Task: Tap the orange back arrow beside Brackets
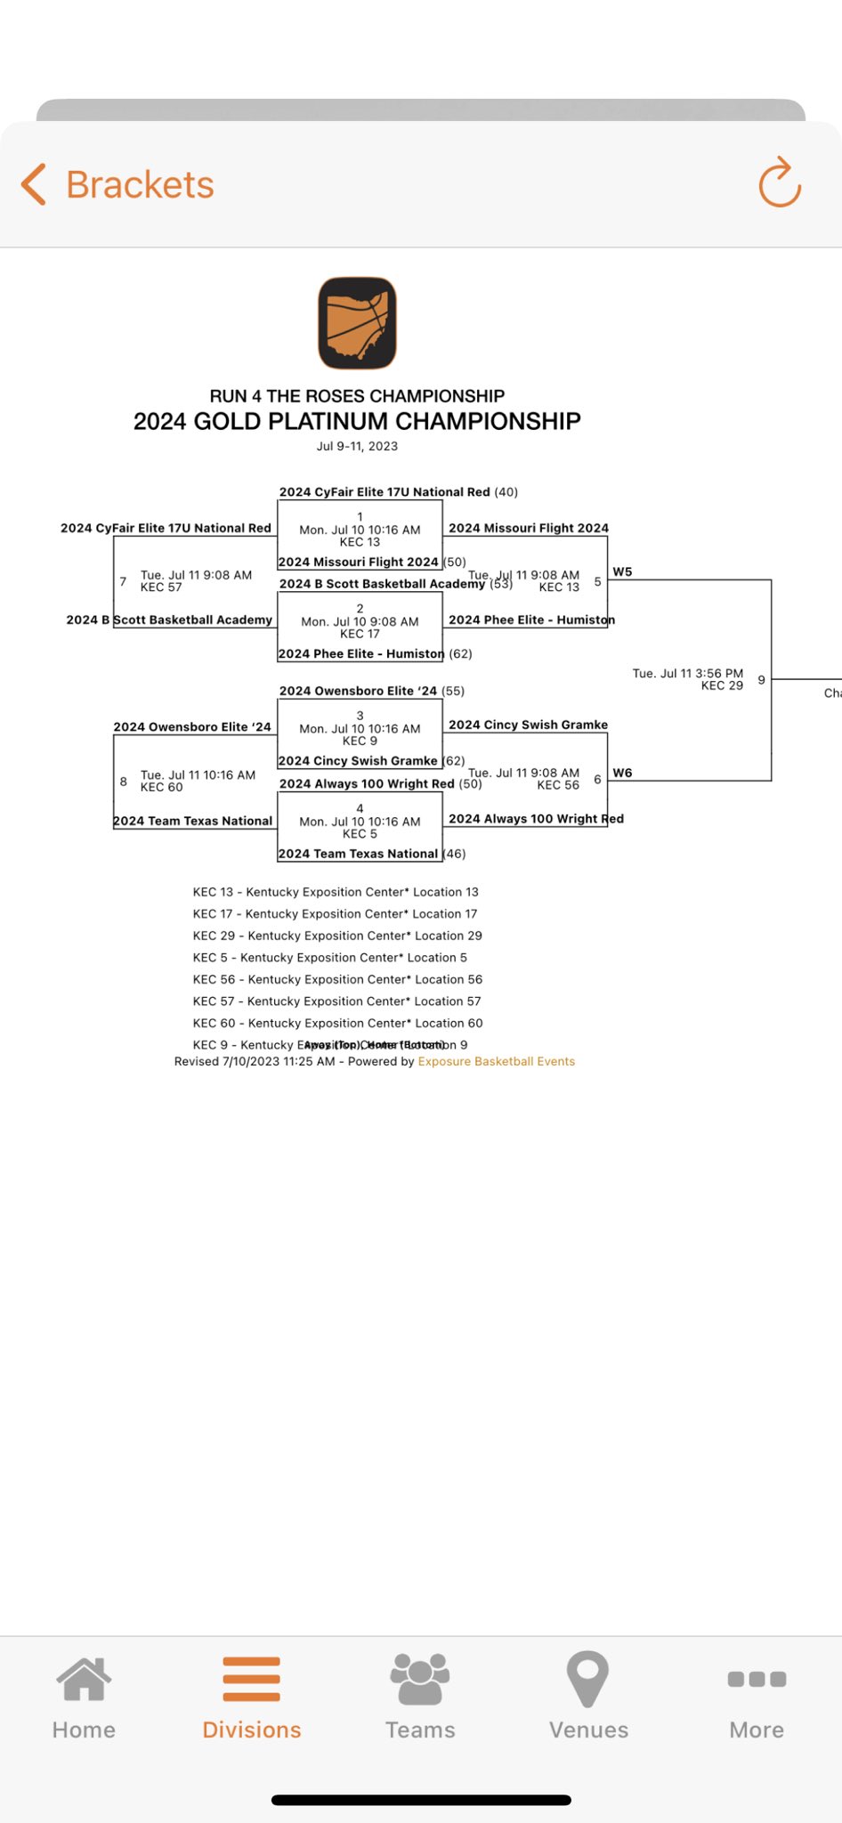point(34,184)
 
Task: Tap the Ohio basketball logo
point(357,323)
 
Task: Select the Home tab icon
point(84,1681)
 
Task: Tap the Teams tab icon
point(420,1681)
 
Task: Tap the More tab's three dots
point(757,1680)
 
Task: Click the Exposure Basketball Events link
point(496,1061)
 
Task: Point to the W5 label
point(622,571)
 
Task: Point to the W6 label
point(622,773)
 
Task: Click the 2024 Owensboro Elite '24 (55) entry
point(371,691)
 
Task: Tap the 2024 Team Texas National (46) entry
point(371,854)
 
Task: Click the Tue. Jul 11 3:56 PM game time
point(687,673)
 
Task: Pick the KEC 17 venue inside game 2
point(360,634)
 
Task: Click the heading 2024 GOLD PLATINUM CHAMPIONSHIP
point(357,421)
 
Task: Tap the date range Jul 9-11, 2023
point(357,446)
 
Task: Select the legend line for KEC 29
point(337,936)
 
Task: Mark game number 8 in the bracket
point(123,782)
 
